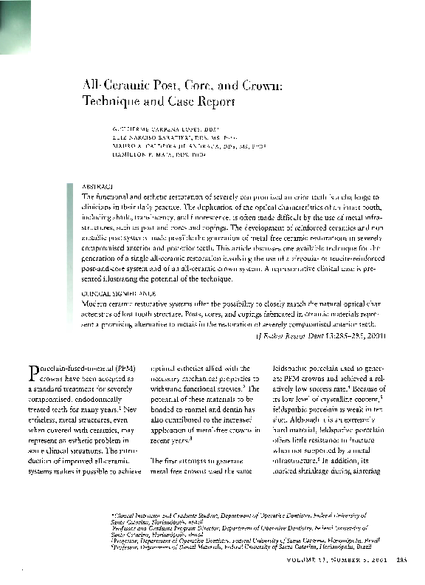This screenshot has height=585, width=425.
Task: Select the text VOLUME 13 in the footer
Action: tap(303, 560)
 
